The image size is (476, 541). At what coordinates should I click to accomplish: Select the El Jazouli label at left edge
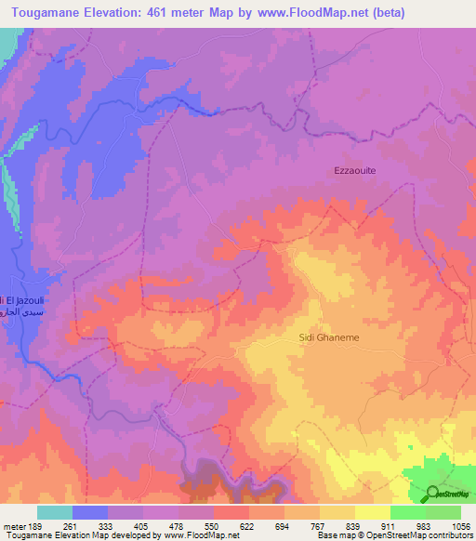(x=20, y=300)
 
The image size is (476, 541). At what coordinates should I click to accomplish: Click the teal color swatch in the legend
(x=54, y=512)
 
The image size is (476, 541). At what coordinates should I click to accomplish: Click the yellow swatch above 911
(x=372, y=512)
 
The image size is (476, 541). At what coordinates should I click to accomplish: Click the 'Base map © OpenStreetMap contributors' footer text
(x=394, y=536)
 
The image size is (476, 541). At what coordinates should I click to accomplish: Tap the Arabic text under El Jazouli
(x=20, y=314)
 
